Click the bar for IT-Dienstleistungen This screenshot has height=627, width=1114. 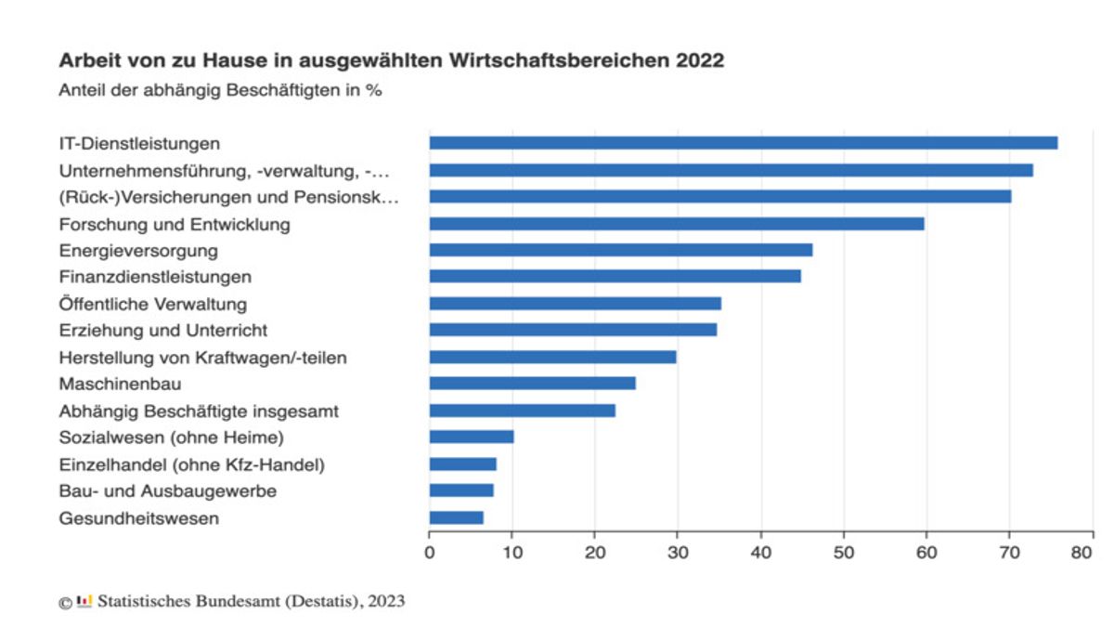click(x=743, y=143)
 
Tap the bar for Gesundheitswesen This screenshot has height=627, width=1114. click(x=456, y=517)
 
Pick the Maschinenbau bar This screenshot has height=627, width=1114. click(x=532, y=383)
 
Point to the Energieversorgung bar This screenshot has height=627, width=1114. click(x=620, y=250)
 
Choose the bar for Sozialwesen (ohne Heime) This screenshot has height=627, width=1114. click(x=471, y=437)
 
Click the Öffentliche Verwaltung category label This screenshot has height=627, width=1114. click(x=153, y=304)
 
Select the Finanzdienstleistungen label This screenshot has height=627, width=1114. click(x=155, y=277)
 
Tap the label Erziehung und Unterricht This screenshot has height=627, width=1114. click(x=163, y=330)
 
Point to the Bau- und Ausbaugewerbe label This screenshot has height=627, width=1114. click(x=167, y=490)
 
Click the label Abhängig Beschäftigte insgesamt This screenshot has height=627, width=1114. click(x=199, y=411)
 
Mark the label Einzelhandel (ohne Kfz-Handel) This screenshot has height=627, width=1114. click(x=191, y=464)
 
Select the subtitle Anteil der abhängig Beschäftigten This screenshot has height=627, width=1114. click(x=220, y=91)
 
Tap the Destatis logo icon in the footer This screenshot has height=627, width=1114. click(x=84, y=601)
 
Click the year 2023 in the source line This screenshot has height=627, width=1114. click(x=386, y=601)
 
